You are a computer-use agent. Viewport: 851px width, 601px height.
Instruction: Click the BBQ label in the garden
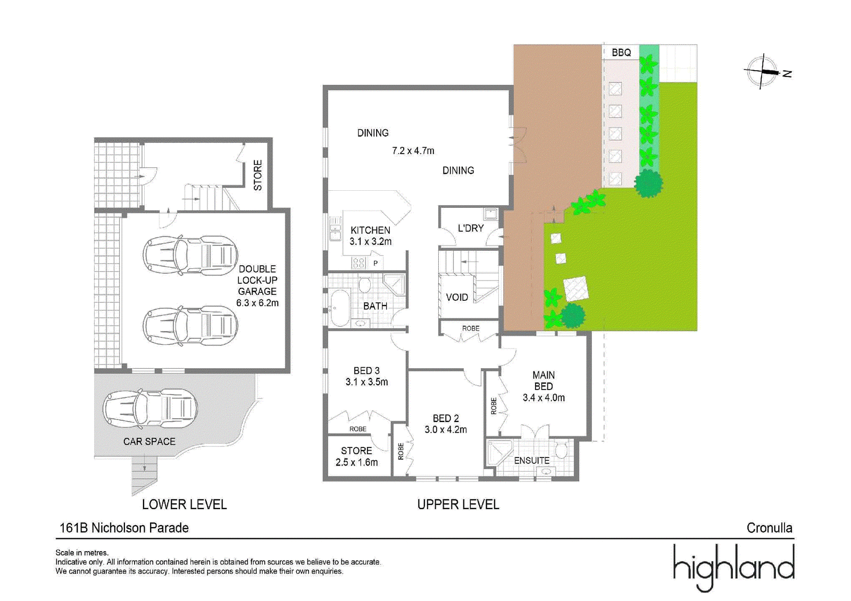[x=621, y=53]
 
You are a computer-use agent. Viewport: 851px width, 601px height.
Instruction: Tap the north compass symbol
[x=766, y=72]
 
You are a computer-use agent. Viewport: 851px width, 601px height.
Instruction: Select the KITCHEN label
[x=370, y=231]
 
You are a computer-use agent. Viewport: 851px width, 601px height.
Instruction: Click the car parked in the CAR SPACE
[x=149, y=409]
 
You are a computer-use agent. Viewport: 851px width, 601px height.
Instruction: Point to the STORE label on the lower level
[x=258, y=175]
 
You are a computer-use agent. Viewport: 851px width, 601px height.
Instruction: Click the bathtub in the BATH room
[x=340, y=308]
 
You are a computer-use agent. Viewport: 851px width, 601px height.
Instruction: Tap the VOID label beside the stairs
[x=457, y=297]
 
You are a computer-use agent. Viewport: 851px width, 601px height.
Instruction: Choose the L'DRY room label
[x=471, y=228]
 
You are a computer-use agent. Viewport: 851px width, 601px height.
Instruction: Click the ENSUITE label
[x=531, y=461]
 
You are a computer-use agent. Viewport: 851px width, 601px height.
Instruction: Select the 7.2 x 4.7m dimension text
[x=413, y=151]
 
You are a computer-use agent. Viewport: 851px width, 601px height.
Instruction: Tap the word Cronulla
[x=769, y=528]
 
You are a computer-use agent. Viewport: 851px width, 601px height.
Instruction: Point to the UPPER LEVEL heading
[x=458, y=505]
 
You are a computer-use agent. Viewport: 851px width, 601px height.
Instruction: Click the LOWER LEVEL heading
[x=184, y=505]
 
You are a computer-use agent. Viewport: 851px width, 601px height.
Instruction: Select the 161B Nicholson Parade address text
[x=124, y=528]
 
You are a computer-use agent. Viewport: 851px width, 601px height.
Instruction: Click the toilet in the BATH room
[x=365, y=284]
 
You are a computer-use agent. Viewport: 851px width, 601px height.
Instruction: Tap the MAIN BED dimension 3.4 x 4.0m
[x=544, y=397]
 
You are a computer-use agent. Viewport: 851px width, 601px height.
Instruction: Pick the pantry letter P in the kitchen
[x=376, y=263]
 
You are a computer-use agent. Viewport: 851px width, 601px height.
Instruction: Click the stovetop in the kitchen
[x=359, y=263]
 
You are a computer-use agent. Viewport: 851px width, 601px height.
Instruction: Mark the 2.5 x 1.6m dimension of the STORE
[x=356, y=462]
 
